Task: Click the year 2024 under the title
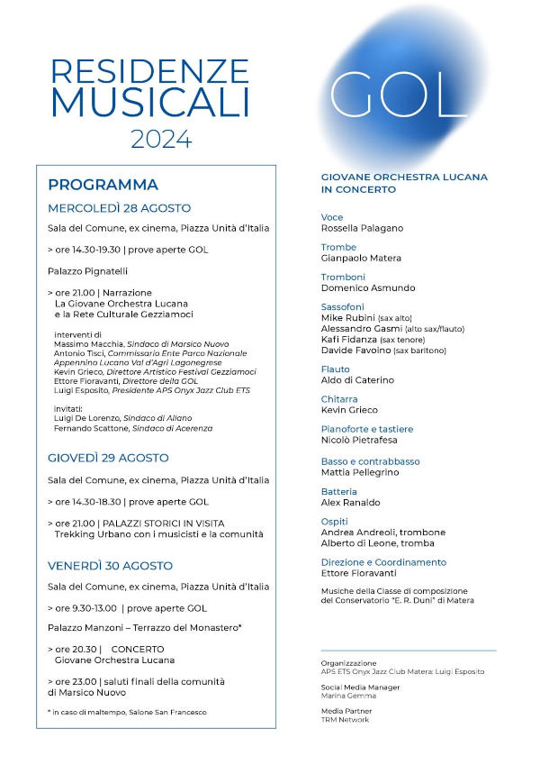(161, 139)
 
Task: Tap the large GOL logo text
(400, 94)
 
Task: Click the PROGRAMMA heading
(103, 185)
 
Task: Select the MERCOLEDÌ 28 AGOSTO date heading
(119, 208)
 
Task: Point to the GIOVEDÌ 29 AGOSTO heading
(108, 458)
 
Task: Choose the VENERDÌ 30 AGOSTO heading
(110, 566)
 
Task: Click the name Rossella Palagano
(363, 228)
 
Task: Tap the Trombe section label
(338, 247)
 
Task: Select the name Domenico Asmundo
(368, 288)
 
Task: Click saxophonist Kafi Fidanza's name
(348, 340)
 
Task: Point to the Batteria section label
(339, 491)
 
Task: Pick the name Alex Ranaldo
(351, 502)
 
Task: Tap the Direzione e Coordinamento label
(383, 562)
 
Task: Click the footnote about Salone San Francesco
(127, 712)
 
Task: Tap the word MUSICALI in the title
(149, 103)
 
